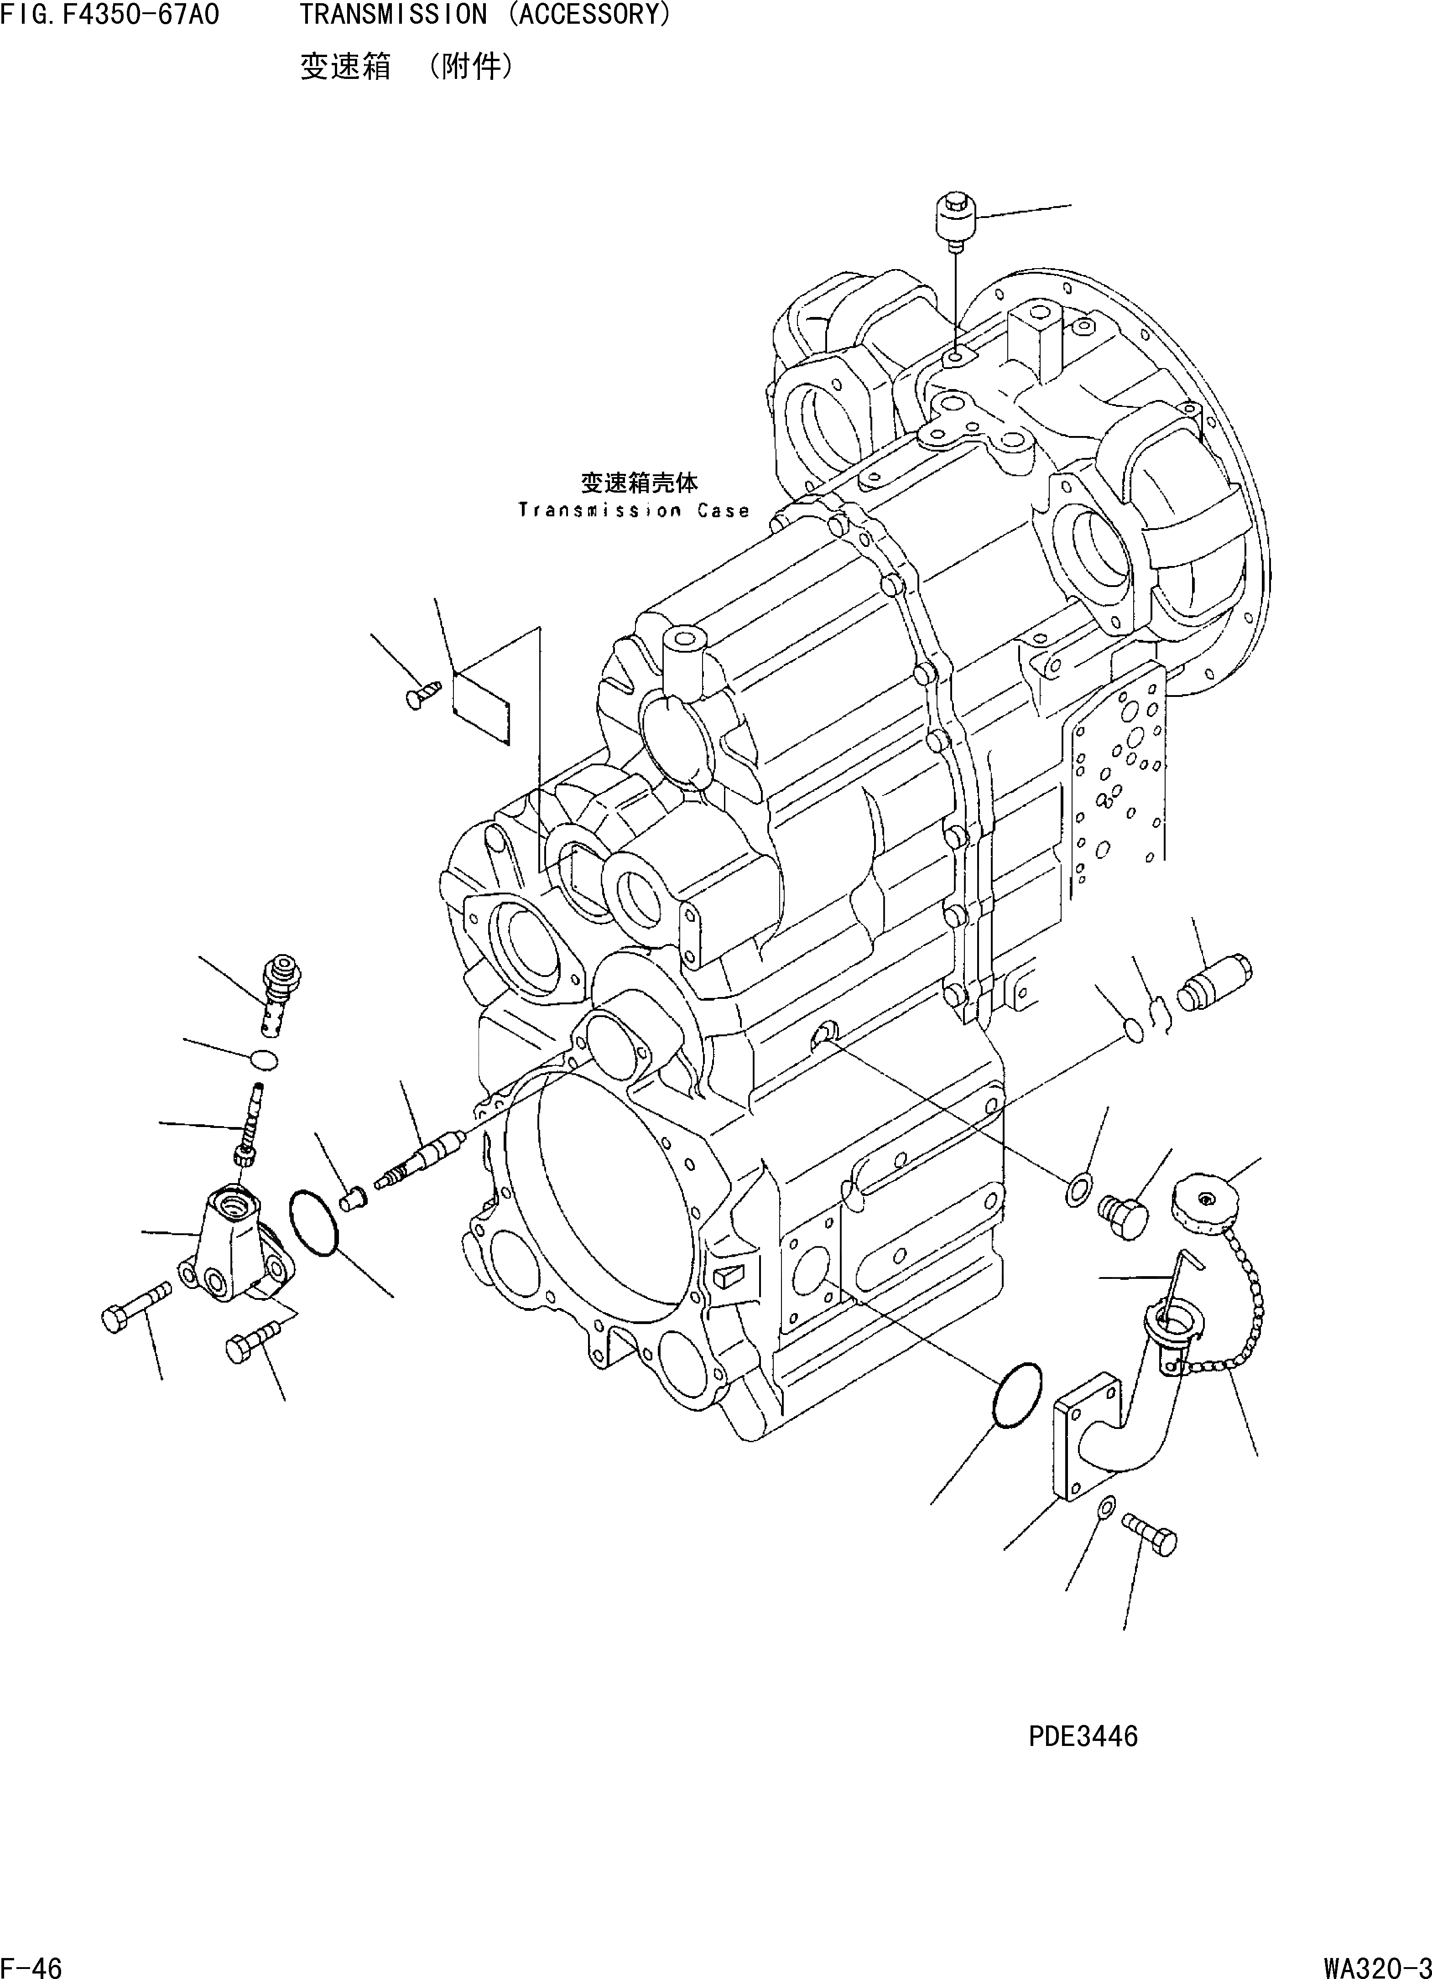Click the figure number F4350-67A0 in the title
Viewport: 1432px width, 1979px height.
[x=140, y=15]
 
